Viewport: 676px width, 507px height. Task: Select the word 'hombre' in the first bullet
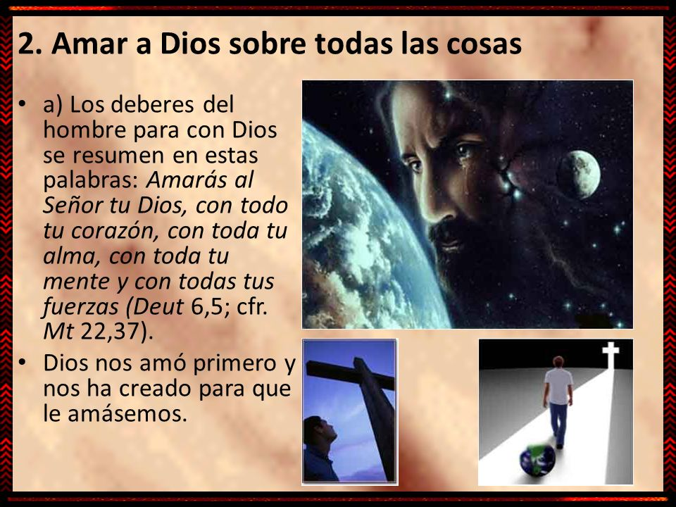84,130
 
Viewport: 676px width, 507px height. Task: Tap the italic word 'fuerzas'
80,307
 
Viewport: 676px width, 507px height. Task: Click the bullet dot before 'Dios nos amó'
23,363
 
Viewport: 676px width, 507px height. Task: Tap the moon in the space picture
579,174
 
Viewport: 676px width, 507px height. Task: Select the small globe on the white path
537,459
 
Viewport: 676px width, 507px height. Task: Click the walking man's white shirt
558,387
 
